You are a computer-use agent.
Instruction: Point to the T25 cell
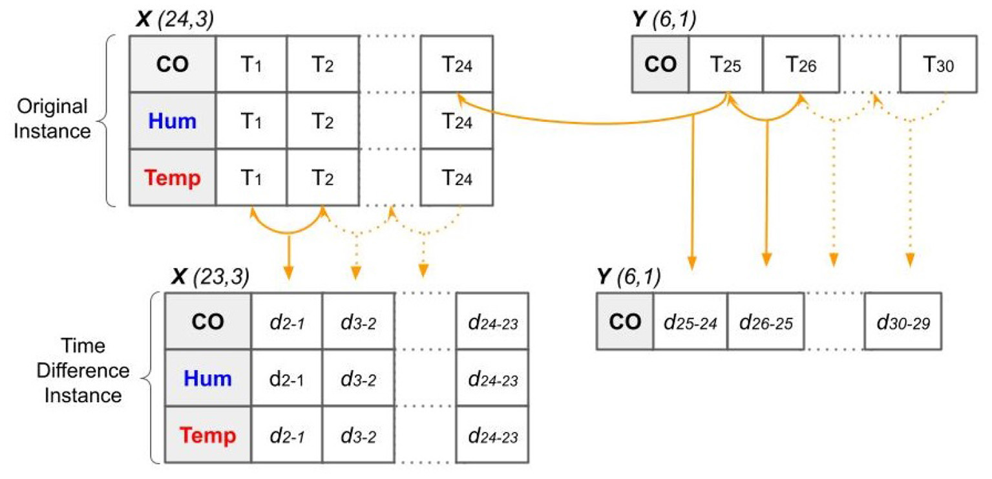pyautogui.click(x=725, y=63)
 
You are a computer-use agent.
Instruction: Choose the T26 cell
pyautogui.click(x=801, y=63)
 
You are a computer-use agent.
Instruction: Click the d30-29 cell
pyautogui.click(x=903, y=321)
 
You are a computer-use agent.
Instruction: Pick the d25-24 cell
pyautogui.click(x=690, y=321)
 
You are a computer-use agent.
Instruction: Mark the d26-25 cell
pyautogui.click(x=766, y=321)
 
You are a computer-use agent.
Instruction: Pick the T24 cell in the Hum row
pyautogui.click(x=457, y=120)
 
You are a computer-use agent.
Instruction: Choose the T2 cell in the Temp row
pyautogui.click(x=322, y=178)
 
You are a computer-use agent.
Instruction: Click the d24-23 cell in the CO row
pyautogui.click(x=492, y=321)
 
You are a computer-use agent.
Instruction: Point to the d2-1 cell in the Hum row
pyautogui.click(x=287, y=378)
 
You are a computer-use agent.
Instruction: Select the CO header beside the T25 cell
pyautogui.click(x=660, y=63)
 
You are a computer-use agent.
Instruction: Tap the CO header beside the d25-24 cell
pyautogui.click(x=625, y=321)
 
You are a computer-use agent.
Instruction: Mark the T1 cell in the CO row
pyautogui.click(x=251, y=63)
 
